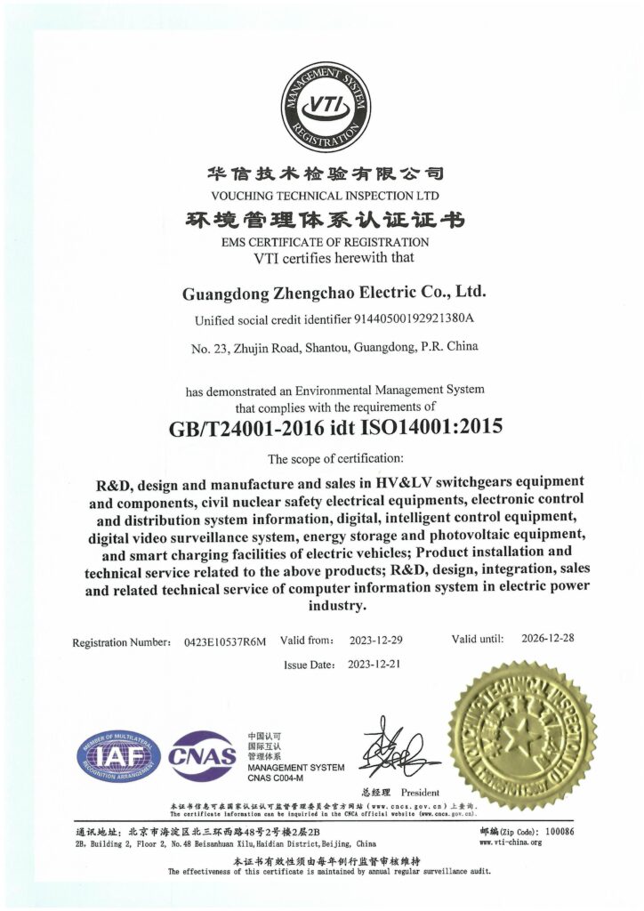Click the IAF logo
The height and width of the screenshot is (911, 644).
pyautogui.click(x=118, y=756)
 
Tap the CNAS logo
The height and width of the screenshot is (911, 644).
pyautogui.click(x=203, y=757)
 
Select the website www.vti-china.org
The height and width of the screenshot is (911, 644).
pyautogui.click(x=511, y=842)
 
